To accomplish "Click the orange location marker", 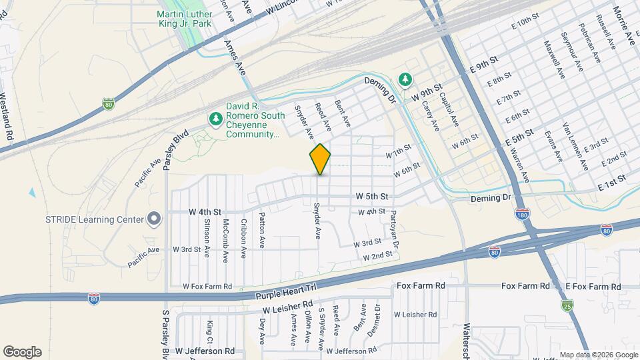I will [320, 159].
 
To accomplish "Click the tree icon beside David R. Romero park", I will [215, 119].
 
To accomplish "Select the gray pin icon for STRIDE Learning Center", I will [155, 219].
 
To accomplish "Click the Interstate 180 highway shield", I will [522, 216].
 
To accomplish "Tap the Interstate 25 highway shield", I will [567, 305].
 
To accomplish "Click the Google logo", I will [22, 352].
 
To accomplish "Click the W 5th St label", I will [372, 197].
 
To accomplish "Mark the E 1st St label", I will [613, 181].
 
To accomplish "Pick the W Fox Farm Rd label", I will [207, 287].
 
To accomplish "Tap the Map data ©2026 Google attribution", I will [598, 355].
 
